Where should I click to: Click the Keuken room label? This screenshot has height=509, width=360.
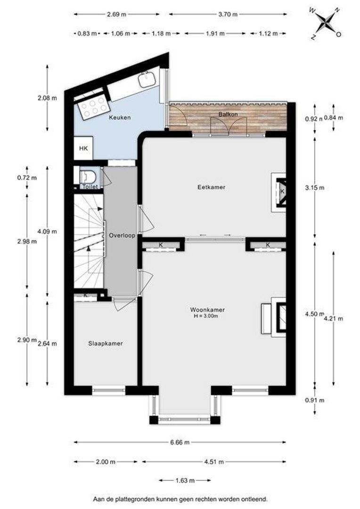[120, 117]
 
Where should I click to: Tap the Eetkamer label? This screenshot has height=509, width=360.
[211, 187]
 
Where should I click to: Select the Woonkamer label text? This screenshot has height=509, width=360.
[207, 310]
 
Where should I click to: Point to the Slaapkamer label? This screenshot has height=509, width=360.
[106, 344]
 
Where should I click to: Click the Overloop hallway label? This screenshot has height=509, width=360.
[122, 236]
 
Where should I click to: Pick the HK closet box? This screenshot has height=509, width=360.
[83, 148]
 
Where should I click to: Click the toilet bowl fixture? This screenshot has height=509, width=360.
[88, 177]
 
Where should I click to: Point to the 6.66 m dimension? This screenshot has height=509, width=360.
[180, 442]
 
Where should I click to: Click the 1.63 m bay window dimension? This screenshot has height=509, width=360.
[185, 480]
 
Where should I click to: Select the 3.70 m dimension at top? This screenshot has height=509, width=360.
[228, 14]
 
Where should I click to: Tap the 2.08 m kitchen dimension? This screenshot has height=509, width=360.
[47, 98]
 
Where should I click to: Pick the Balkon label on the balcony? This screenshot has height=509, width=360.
[228, 114]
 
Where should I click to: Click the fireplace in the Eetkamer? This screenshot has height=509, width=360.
[279, 192]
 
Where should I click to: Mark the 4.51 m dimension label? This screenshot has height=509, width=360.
[214, 461]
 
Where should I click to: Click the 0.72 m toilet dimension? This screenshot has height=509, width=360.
[27, 178]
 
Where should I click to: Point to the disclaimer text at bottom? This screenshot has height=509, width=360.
[180, 499]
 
